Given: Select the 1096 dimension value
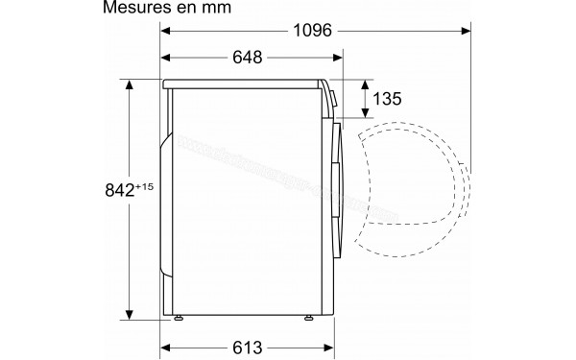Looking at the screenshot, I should [x=314, y=31].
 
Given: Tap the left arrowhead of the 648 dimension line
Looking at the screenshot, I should [x=165, y=59].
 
